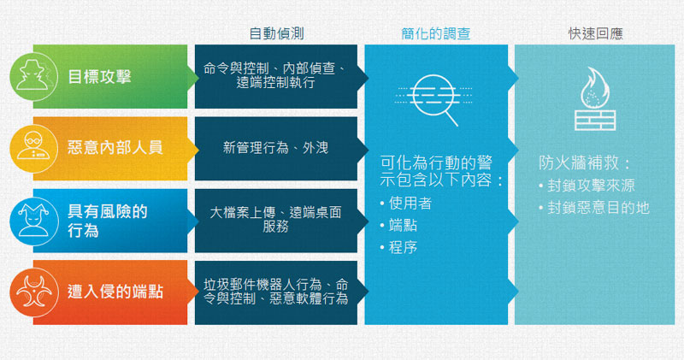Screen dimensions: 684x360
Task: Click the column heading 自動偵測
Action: tap(276, 33)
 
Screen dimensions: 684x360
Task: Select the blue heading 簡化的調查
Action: tap(436, 33)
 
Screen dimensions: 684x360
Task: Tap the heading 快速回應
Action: tap(595, 33)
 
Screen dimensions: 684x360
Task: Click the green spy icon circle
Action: tap(33, 76)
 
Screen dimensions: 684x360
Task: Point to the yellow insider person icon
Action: tap(33, 149)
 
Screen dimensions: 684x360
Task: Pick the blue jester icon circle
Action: tap(33, 221)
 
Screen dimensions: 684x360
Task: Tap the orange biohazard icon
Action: tap(33, 292)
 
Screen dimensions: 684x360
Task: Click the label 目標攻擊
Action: tap(99, 77)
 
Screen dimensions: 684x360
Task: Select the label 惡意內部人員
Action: tap(115, 147)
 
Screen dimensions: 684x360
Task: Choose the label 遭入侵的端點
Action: tap(115, 292)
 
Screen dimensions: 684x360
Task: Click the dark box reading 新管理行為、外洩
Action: tap(276, 149)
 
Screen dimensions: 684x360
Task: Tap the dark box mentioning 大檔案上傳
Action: tap(276, 221)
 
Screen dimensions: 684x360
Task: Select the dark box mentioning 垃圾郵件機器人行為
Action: tap(276, 292)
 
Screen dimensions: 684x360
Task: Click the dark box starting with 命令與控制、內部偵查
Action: tap(276, 76)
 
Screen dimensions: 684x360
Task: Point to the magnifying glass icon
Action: tap(434, 99)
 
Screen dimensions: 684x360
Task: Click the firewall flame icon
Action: tap(595, 98)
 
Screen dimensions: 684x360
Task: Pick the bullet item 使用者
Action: tap(406, 203)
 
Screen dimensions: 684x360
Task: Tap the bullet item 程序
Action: tap(398, 247)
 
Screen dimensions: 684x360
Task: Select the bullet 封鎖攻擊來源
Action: tap(587, 186)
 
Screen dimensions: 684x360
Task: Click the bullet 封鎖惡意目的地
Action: tap(594, 208)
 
